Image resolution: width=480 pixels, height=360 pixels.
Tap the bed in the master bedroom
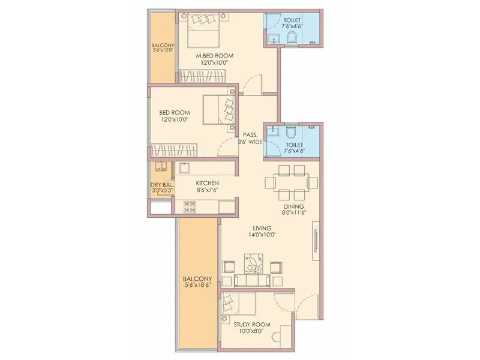[x=204, y=30]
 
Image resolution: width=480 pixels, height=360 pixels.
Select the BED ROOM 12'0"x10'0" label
[x=175, y=116]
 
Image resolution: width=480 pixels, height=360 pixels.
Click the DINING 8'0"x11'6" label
[x=293, y=209]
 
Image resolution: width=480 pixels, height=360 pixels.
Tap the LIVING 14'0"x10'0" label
[x=262, y=232]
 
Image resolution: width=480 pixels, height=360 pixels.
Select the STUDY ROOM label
[x=253, y=328]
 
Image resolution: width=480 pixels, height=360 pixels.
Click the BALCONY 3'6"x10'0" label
[x=162, y=48]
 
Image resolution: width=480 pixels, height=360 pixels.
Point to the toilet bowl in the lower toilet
[x=292, y=131]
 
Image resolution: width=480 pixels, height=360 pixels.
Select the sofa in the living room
[x=251, y=280]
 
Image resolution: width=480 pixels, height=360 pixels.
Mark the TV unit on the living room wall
[x=314, y=242]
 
